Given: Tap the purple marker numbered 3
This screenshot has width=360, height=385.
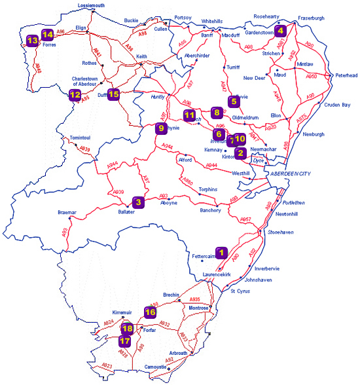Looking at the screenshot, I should point(138,202).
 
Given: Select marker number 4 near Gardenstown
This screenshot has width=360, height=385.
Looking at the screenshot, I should point(280,29).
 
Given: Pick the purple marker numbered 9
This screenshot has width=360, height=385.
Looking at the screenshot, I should point(160,128).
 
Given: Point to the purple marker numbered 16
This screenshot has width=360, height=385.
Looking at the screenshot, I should point(150,312).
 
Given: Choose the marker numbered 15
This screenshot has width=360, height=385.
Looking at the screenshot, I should point(113,94).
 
